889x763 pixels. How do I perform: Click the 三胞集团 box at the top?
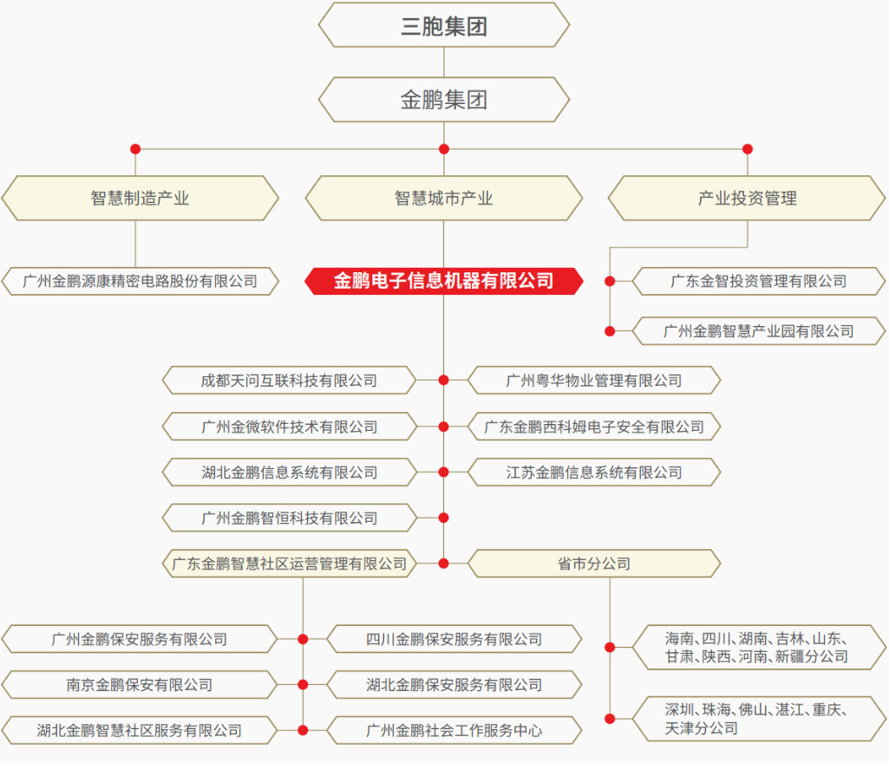pos(444,25)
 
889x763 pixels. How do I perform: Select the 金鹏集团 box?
pos(444,100)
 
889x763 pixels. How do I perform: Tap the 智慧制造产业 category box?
pos(140,198)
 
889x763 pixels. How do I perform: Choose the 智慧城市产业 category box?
pos(444,198)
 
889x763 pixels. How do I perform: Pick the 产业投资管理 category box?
pos(747,198)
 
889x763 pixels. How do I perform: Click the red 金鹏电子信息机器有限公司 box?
pos(444,281)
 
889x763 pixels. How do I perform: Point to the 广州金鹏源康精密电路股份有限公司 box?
pos(140,281)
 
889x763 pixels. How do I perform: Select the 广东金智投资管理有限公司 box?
pos(759,281)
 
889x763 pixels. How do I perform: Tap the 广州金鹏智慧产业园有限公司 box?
pos(759,331)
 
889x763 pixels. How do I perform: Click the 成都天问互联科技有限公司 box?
pos(289,381)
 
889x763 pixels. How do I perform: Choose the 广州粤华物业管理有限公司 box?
pos(593,381)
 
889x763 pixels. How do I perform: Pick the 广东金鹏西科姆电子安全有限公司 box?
pos(593,427)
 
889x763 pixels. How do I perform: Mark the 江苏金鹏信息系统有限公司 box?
pos(593,473)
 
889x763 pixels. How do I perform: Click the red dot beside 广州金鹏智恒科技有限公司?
pos(444,518)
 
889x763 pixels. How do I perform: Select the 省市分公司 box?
pos(593,564)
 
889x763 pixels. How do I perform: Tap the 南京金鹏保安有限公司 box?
pos(140,685)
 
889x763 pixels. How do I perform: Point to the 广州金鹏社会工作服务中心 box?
pos(454,730)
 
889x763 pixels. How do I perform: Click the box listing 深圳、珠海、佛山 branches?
pos(759,719)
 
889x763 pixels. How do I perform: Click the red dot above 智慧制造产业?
pos(135,149)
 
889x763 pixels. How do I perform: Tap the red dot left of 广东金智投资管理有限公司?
pos(610,281)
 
